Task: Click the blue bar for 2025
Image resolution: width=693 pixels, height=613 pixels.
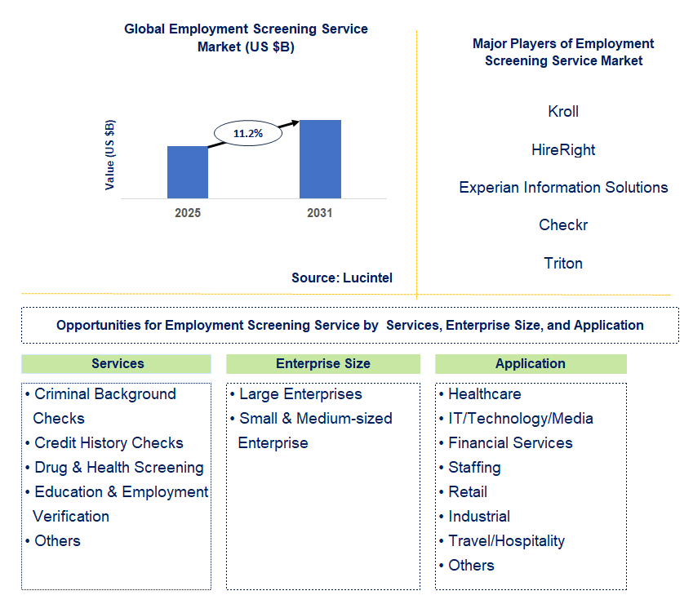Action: tap(188, 172)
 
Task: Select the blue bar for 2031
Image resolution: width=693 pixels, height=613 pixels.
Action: tap(320, 159)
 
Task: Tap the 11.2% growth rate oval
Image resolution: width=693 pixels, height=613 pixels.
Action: tap(247, 133)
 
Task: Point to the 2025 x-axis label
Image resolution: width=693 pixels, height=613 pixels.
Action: tap(188, 213)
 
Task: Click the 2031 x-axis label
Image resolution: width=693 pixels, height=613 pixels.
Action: tap(320, 213)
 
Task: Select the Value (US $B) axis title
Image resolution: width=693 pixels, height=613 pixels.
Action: tap(110, 155)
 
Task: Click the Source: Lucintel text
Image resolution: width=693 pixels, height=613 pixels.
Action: tap(342, 278)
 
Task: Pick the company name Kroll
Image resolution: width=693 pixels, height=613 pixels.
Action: tap(563, 112)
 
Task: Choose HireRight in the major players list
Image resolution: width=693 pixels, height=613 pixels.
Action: tap(563, 150)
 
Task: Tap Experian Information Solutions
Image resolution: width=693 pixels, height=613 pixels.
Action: tap(563, 188)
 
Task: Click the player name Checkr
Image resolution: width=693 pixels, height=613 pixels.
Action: tap(563, 225)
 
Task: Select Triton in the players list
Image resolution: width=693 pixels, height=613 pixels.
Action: tap(563, 264)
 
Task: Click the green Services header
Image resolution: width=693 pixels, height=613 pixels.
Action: tap(117, 364)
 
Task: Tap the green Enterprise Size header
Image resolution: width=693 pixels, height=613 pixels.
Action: tap(323, 364)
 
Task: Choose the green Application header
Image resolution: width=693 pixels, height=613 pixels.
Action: tap(531, 364)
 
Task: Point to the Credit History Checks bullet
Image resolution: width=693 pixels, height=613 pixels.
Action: tap(109, 443)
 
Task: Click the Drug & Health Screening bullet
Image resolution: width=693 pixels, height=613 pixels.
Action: tap(118, 468)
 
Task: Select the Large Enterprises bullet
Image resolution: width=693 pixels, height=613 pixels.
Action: tap(300, 394)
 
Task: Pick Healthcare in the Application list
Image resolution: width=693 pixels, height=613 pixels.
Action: tap(484, 394)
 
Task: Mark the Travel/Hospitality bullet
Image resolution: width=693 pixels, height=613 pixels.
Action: tap(506, 541)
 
